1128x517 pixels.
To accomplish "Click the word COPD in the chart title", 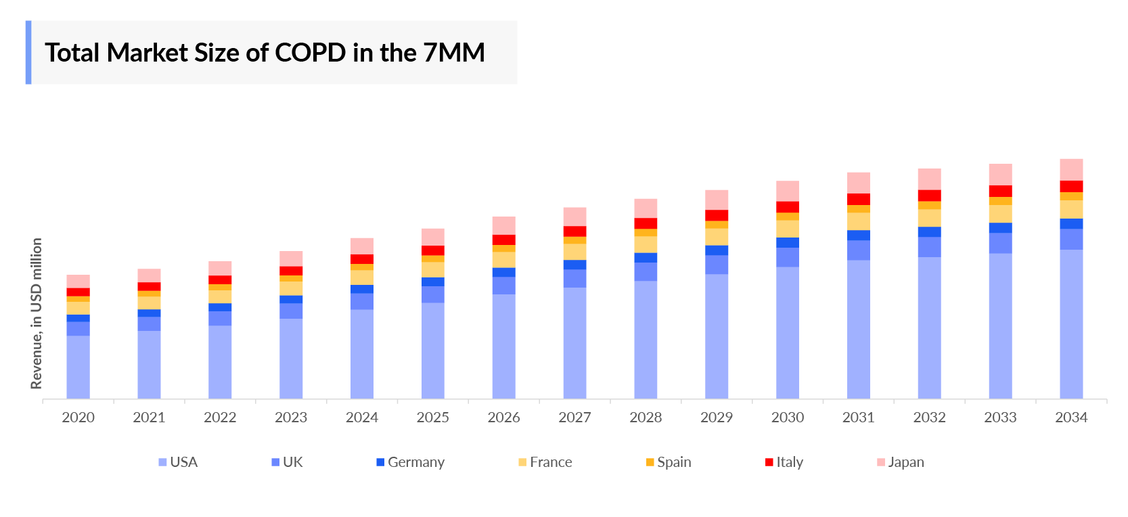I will (x=311, y=53).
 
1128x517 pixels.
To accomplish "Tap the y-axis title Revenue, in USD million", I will (x=37, y=313).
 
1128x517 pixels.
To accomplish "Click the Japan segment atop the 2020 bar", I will (x=78, y=282).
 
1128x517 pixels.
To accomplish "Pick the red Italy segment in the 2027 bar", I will (x=574, y=231).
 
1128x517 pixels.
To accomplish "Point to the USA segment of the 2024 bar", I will (x=362, y=353).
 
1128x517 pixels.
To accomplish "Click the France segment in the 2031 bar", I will (x=858, y=221).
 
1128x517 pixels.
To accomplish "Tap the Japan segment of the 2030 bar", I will (x=788, y=191).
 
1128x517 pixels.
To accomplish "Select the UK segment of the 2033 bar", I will (x=1000, y=243).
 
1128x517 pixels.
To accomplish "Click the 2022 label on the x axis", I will (x=220, y=418).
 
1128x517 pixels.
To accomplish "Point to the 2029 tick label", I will (x=717, y=418).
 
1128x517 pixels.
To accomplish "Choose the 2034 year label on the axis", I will (x=1071, y=418).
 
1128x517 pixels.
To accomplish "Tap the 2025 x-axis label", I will (x=433, y=418).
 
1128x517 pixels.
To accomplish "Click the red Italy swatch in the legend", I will (x=769, y=462).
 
